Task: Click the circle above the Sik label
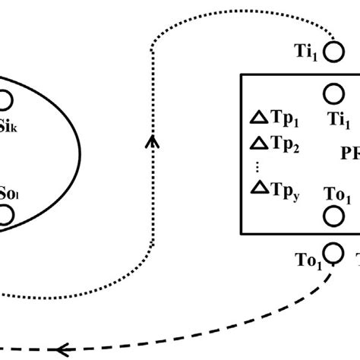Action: (x=5, y=99)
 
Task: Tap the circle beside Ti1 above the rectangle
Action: (x=333, y=52)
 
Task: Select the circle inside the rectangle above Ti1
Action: (x=333, y=93)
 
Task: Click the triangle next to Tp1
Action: (x=259, y=117)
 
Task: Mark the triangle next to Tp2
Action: (x=259, y=142)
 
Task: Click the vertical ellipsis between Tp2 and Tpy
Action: (x=258, y=166)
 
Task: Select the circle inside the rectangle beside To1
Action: (x=333, y=216)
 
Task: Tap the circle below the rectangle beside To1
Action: (x=333, y=251)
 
